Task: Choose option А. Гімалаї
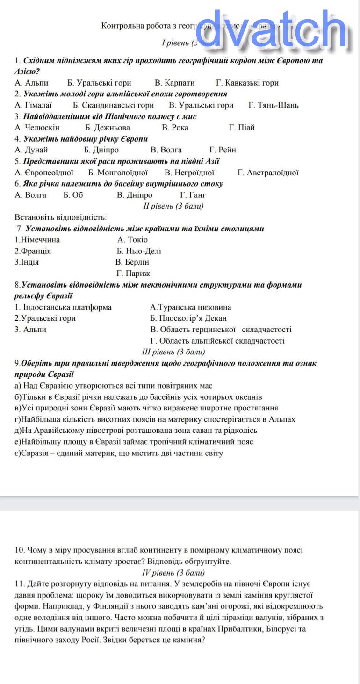click(33, 105)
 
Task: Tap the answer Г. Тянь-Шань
click(273, 105)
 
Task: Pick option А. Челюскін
click(37, 128)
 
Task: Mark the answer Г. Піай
click(242, 128)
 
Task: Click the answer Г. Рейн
click(223, 150)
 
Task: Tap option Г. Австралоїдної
click(268, 173)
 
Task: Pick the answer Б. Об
click(73, 195)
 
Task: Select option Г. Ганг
click(193, 195)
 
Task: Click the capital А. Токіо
click(132, 240)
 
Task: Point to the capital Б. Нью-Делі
click(139, 251)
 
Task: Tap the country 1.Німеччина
click(37, 240)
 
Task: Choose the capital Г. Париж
click(133, 274)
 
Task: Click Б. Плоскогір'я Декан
click(188, 318)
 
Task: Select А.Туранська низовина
click(190, 307)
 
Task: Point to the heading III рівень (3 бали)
click(173, 352)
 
